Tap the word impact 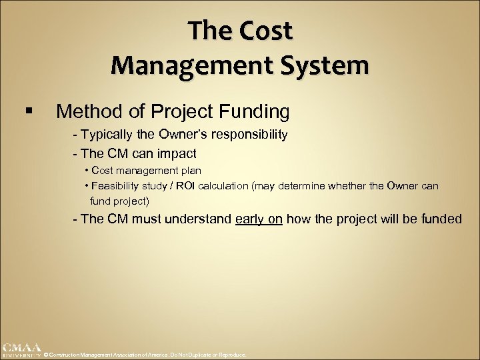[x=175, y=153]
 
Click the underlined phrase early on [x=259, y=219]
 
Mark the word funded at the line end [x=442, y=219]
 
